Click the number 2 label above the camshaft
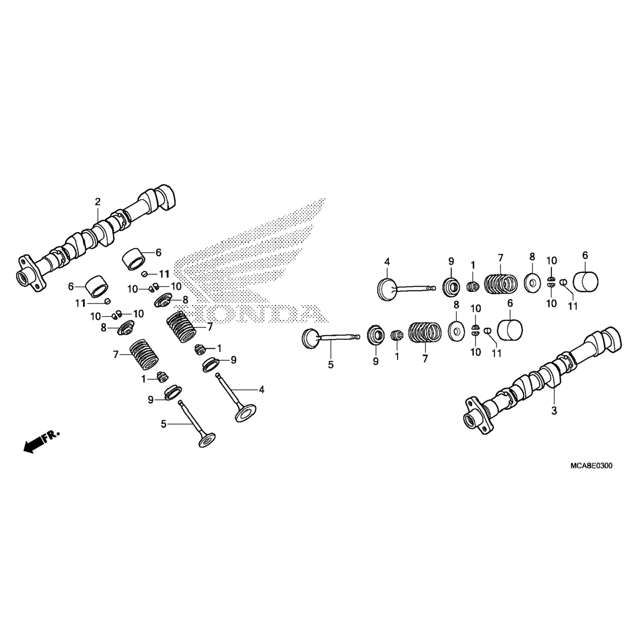98,202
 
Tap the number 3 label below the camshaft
554,410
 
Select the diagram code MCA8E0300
591,466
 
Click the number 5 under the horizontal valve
331,365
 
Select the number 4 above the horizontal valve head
387,262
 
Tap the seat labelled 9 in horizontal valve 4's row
451,287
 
